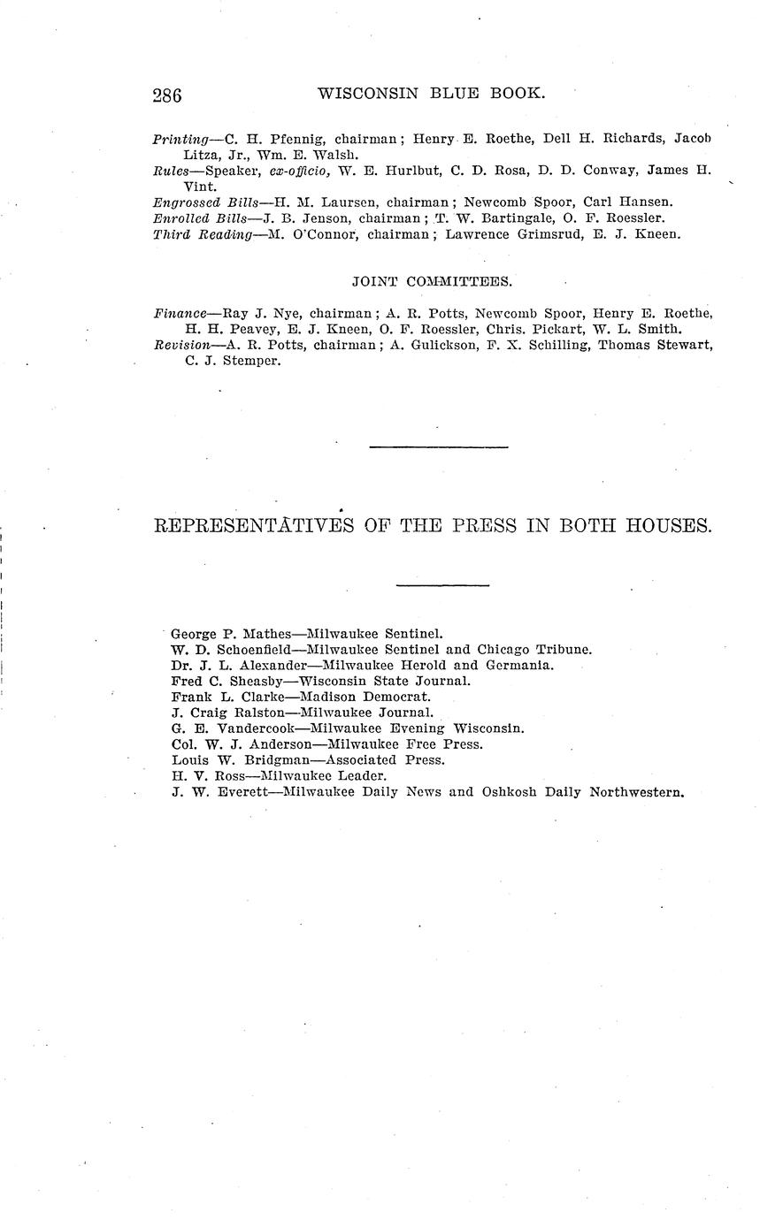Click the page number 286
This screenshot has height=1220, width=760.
click(167, 95)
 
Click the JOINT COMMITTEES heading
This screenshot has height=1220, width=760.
click(432, 282)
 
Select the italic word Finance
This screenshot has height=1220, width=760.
click(180, 313)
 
